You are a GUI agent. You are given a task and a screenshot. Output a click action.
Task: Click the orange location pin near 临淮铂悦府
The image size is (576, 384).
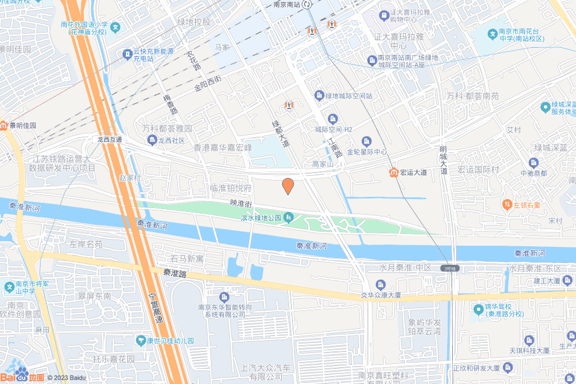(x=287, y=186)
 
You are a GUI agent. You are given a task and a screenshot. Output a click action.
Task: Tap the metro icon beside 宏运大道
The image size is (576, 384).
(x=394, y=172)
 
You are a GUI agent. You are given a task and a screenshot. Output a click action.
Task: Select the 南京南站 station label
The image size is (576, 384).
(x=284, y=4)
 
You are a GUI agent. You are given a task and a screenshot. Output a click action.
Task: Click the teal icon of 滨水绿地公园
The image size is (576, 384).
(x=289, y=217)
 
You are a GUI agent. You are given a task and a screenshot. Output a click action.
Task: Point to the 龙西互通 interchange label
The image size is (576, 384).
(x=109, y=139)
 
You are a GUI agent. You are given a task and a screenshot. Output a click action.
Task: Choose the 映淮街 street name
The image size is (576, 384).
(x=241, y=202)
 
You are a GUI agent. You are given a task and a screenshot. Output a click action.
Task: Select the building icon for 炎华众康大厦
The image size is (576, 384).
(x=381, y=284)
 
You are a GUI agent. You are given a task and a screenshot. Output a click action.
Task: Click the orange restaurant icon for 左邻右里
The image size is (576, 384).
(x=507, y=205)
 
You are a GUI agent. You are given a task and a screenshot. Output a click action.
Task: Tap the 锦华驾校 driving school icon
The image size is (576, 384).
(x=478, y=308)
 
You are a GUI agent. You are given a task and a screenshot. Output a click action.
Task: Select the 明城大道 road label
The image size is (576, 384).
(x=444, y=160)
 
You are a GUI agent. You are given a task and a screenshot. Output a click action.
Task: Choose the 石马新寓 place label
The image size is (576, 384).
(x=187, y=259)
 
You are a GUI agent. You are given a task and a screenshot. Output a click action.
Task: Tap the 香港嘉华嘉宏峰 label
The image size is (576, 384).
(x=223, y=148)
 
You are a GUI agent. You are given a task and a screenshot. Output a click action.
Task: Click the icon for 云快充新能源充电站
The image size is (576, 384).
(x=126, y=54)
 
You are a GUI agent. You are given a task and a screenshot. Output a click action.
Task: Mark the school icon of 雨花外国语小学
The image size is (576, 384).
(x=115, y=26)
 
